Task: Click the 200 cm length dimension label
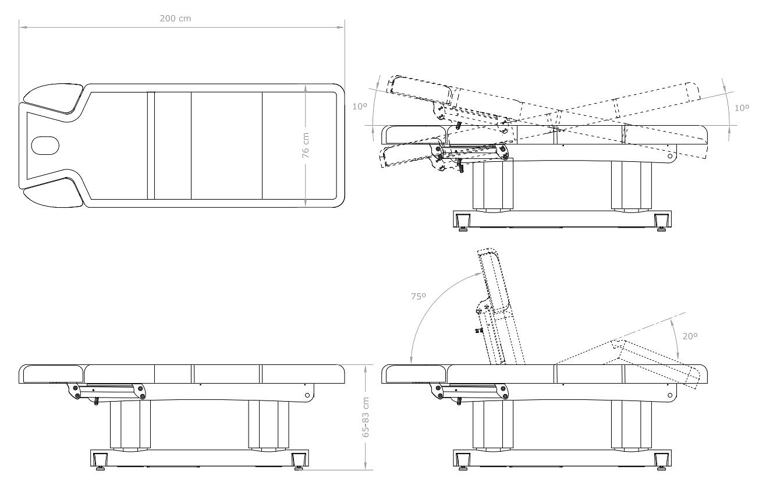(x=175, y=18)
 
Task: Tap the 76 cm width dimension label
(x=306, y=146)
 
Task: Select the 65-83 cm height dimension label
(x=366, y=417)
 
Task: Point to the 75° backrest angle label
(x=418, y=296)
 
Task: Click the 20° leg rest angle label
(x=690, y=336)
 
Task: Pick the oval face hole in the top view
(x=45, y=146)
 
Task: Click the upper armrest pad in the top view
(x=54, y=98)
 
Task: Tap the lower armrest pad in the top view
(x=54, y=193)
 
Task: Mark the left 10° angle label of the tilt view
(x=360, y=107)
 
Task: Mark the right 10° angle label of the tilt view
(x=742, y=108)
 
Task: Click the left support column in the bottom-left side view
(x=130, y=425)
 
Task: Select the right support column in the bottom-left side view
(x=269, y=425)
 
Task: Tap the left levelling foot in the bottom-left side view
(x=100, y=461)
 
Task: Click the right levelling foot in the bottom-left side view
(x=299, y=461)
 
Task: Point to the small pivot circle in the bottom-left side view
(x=307, y=395)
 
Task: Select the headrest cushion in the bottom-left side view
(x=51, y=374)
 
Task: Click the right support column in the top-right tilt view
(x=632, y=186)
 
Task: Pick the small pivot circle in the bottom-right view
(x=670, y=395)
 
